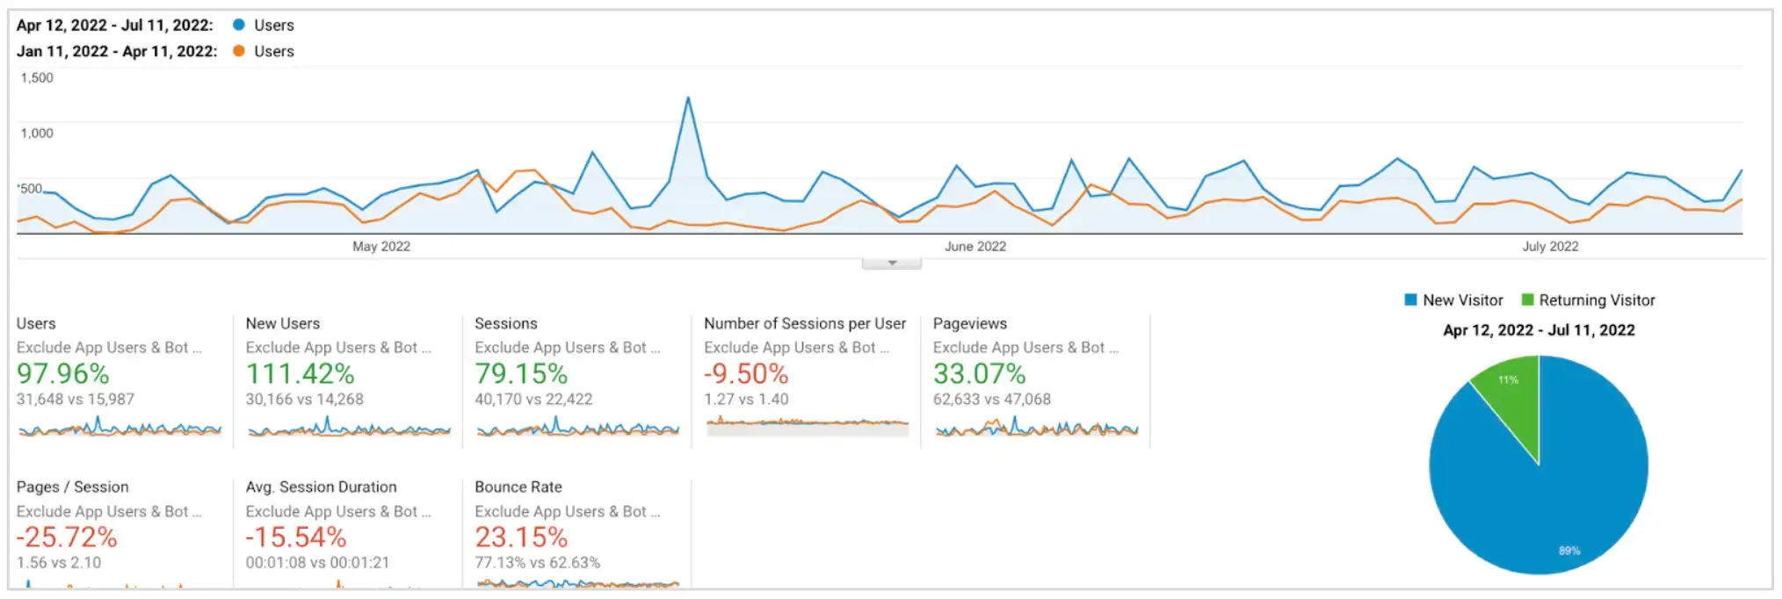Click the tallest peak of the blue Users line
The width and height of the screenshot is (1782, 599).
[688, 98]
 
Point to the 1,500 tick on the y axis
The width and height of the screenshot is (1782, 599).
[37, 78]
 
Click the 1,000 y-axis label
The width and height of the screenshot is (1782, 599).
[37, 134]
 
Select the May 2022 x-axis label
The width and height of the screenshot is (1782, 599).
[381, 247]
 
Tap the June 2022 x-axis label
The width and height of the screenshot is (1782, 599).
[975, 247]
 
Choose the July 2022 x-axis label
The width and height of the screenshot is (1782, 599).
[1550, 247]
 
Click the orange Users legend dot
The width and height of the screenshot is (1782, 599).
[239, 51]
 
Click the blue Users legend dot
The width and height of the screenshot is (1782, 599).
[239, 25]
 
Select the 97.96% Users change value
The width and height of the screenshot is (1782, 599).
[63, 374]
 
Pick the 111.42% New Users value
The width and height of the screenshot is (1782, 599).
[301, 374]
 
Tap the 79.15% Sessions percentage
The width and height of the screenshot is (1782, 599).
[521, 374]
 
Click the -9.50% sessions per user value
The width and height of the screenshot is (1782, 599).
[746, 374]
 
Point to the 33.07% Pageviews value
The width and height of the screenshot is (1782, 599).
[980, 374]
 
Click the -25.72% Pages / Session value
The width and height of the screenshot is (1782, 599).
[67, 538]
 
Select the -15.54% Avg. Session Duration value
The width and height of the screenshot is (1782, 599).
[296, 538]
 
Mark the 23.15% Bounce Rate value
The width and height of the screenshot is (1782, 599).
[521, 538]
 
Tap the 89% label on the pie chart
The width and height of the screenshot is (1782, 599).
[1569, 551]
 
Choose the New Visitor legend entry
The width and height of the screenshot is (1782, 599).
[1454, 300]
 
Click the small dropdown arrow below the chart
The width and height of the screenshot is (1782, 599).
[892, 263]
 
